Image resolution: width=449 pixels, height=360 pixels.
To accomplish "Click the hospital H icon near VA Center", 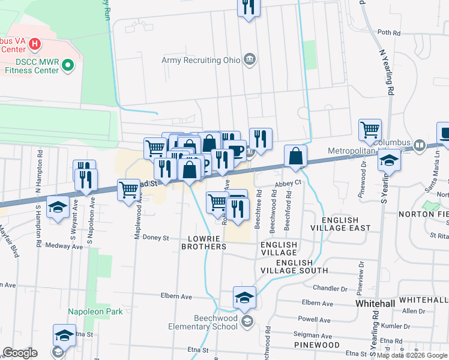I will coord(35,44).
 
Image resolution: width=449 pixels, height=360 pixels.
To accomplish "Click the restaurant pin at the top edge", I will coord(248,8).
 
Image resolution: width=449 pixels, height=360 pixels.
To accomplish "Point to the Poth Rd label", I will coord(388,33).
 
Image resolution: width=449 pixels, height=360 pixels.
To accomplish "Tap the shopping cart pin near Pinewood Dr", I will coord(370,129).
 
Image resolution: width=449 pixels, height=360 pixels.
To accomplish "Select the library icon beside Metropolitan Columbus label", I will coord(420,145).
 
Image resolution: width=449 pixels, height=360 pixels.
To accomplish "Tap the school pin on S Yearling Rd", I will coord(389,161).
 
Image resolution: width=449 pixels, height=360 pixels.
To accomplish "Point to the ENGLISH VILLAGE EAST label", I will coord(340,228).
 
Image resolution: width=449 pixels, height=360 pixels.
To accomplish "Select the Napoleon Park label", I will coord(95,311).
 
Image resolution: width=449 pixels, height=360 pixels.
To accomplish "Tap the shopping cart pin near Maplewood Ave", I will coord(129,190).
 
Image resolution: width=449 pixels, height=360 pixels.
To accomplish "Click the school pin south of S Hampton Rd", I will coord(57,207).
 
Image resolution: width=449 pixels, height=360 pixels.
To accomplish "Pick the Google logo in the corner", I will coord(19,353).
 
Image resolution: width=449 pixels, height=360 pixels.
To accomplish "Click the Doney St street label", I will coord(156,238).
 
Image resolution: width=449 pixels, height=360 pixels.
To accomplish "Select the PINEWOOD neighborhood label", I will coord(316,345).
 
